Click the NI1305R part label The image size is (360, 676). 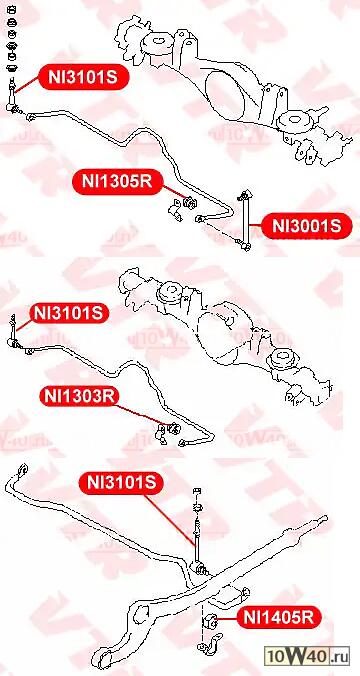[x=117, y=181]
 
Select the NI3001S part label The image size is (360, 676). [x=306, y=225]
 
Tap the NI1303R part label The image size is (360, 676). [x=79, y=396]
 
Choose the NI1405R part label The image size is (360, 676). [x=279, y=618]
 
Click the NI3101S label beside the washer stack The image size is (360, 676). [x=83, y=77]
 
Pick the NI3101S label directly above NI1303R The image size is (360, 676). [x=69, y=313]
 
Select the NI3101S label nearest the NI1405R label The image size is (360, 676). [x=121, y=482]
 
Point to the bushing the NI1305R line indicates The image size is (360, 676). [x=189, y=202]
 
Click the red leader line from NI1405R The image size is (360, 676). [x=228, y=619]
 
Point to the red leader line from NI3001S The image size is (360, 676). [x=255, y=225]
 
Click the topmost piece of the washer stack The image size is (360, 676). [x=12, y=9]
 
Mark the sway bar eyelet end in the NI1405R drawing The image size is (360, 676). [x=22, y=470]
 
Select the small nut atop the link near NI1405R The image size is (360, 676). [x=197, y=491]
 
